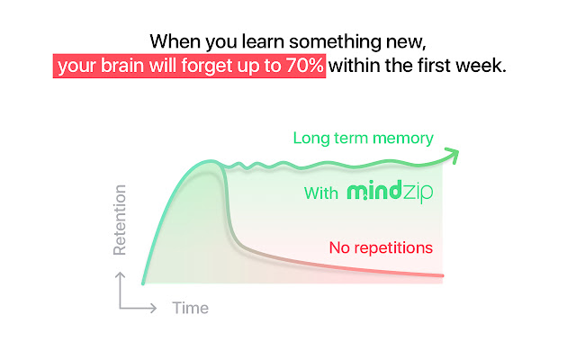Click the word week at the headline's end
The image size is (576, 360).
pyautogui.click(x=484, y=66)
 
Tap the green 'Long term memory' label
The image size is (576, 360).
pyautogui.click(x=363, y=139)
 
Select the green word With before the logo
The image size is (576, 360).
pyautogui.click(x=321, y=193)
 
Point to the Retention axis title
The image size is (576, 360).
pyautogui.click(x=120, y=220)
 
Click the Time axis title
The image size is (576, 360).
pyautogui.click(x=190, y=308)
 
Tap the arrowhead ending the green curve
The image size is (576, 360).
pyautogui.click(x=453, y=154)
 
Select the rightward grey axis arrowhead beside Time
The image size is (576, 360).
pyautogui.click(x=156, y=308)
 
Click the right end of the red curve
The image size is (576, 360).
pyautogui.click(x=442, y=274)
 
